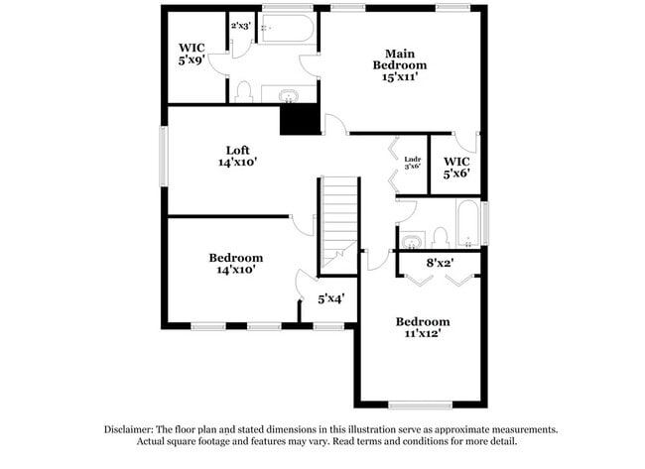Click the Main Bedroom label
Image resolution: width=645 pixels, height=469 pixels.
pos(398,59)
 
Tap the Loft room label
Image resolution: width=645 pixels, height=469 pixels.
pos(237,150)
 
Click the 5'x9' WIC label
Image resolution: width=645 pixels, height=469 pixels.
pos(192,54)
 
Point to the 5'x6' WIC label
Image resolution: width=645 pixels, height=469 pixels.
pos(455,167)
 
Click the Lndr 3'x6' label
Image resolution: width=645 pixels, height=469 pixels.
pos(413,162)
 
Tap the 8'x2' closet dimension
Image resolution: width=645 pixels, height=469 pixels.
pos(440,263)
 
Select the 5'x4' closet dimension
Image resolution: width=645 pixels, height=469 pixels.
pos(330,297)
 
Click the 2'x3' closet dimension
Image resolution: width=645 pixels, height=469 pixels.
pos(240,25)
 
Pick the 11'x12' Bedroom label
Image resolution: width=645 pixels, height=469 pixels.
pos(423,327)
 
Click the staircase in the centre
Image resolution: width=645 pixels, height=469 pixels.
pos(338,222)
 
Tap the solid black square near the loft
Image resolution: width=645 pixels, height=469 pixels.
pos(299,120)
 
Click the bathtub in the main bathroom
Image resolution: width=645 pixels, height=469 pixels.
pos(287,29)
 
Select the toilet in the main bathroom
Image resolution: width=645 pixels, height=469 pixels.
pos(243,92)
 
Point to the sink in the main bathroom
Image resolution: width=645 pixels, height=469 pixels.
pos(289,96)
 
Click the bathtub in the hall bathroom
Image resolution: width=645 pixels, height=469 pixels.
pos(467,222)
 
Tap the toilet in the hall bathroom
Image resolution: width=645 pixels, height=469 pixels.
pos(441,237)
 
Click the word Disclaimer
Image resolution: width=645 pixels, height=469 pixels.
pos(133,429)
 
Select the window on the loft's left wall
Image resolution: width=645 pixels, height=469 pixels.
pos(166,157)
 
